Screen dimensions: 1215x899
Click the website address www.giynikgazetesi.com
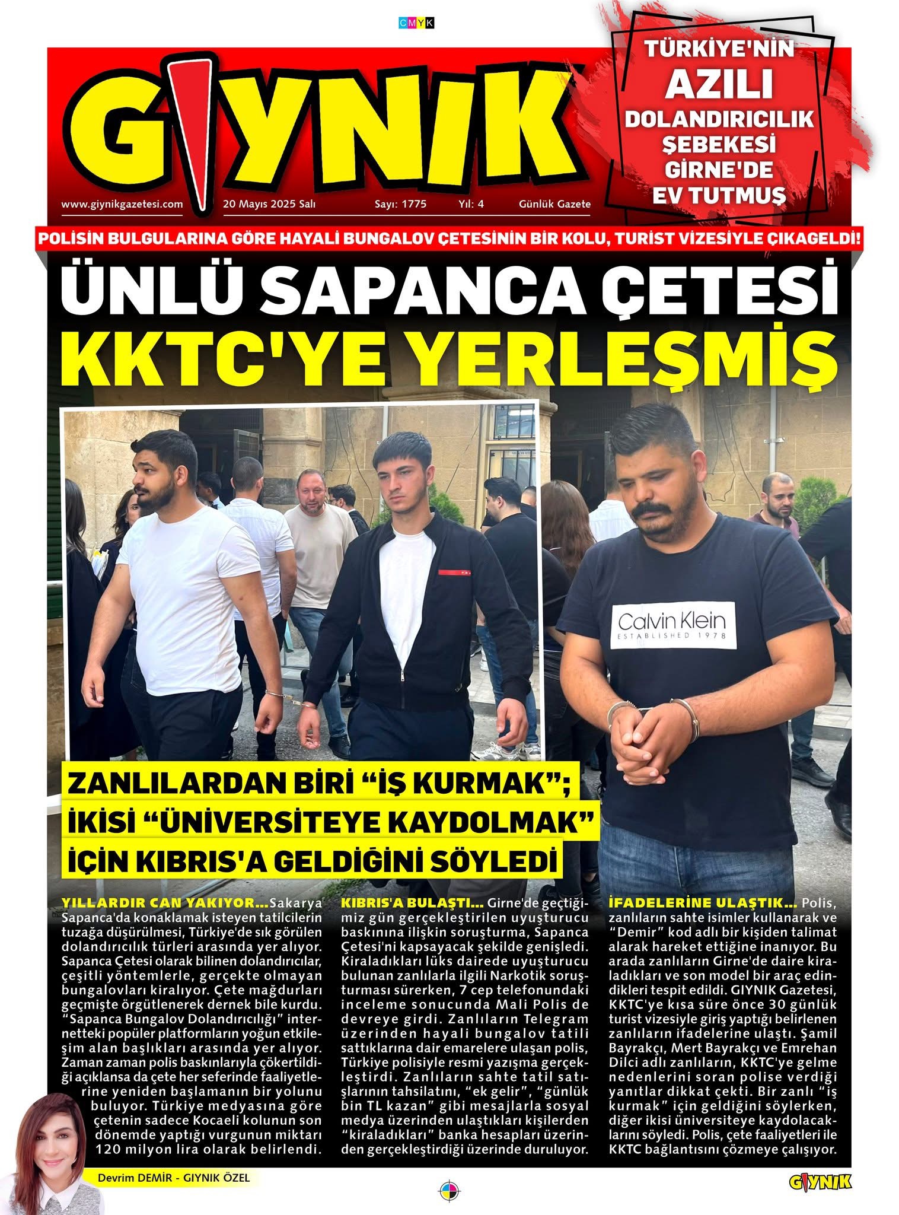pyautogui.click(x=122, y=204)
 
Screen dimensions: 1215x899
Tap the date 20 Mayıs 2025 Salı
pyautogui.click(x=269, y=204)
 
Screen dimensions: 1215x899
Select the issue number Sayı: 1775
pyautogui.click(x=400, y=204)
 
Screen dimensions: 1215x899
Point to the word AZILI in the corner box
pyautogui.click(x=719, y=84)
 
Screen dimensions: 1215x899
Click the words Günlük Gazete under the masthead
pyautogui.click(x=554, y=204)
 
